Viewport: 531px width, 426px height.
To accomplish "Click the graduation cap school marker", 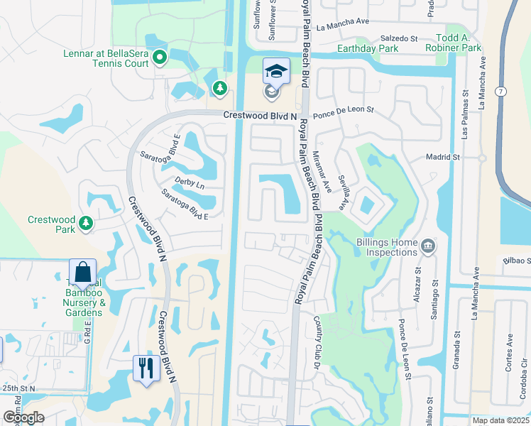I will [276, 71].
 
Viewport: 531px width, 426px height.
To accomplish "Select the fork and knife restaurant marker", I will [147, 368].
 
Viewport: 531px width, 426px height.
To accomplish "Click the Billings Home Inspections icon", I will [428, 247].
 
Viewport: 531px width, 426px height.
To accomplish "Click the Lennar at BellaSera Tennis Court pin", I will [160, 58].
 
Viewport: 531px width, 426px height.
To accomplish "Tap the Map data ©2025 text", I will [501, 420].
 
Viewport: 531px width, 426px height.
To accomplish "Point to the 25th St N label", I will [18, 388].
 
